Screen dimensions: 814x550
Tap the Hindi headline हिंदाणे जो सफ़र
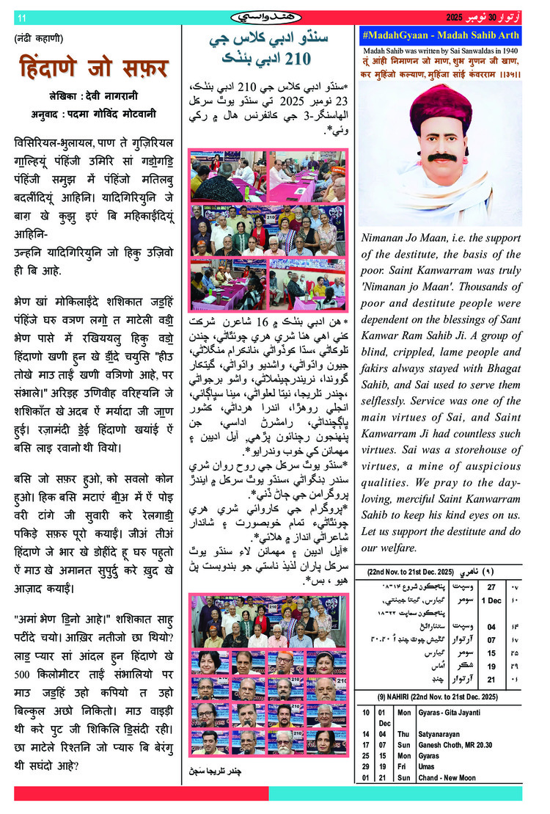point(93,68)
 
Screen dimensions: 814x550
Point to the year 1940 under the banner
point(510,49)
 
